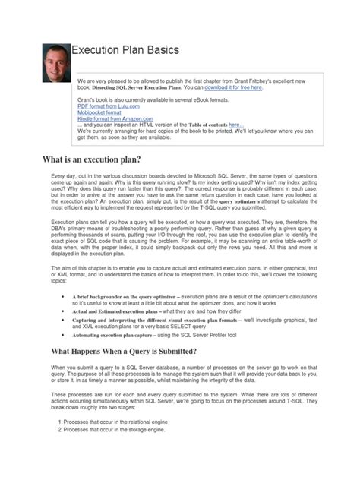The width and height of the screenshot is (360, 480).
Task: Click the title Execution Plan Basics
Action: [125, 50]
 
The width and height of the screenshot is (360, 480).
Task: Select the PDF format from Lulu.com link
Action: [108, 106]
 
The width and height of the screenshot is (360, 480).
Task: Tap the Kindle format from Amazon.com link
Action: [115, 119]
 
